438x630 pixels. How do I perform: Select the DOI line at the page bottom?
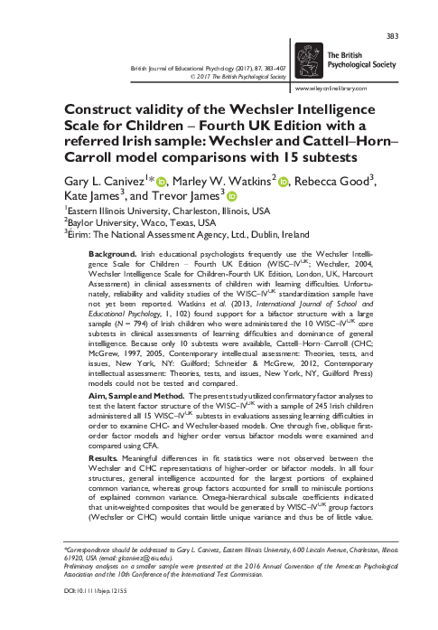(x=98, y=614)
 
